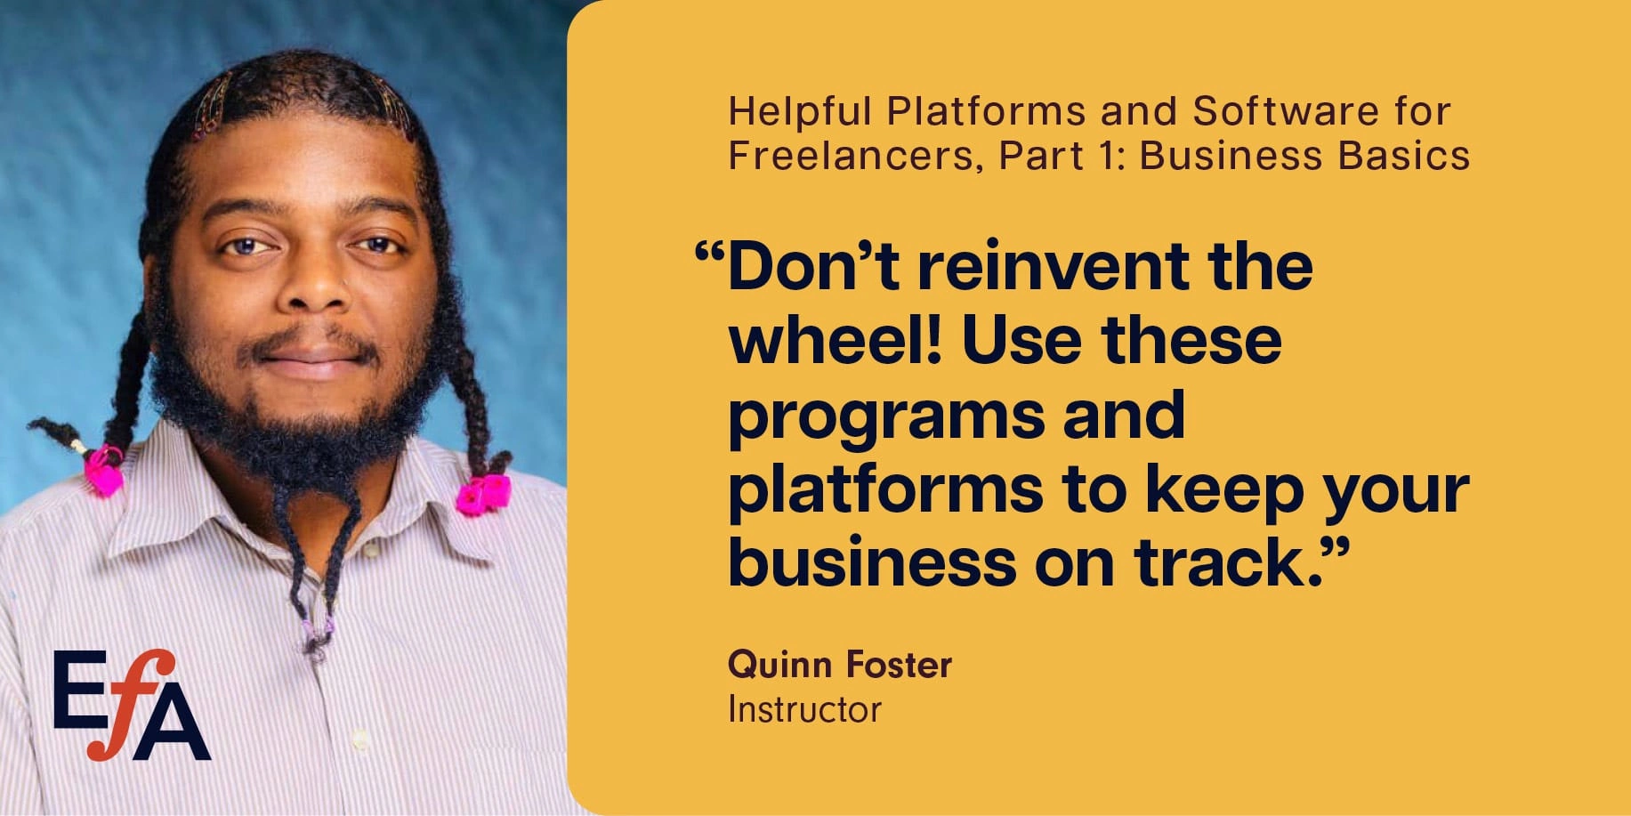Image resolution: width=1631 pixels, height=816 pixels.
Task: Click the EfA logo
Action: coord(132,705)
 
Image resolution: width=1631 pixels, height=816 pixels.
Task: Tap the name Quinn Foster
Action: coord(839,665)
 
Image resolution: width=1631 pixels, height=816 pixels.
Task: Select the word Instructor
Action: coord(804,710)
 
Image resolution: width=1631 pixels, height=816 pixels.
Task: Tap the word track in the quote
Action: coord(1219,562)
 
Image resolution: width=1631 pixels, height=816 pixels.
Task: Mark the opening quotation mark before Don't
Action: coord(709,254)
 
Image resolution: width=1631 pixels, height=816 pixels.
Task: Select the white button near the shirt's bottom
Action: coord(359,739)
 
